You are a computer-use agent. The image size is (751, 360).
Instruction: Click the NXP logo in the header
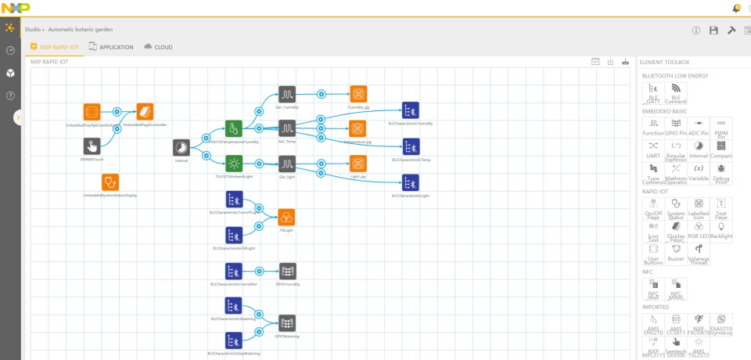pyautogui.click(x=15, y=7)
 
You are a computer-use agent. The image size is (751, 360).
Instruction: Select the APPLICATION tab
pyautogui.click(x=110, y=47)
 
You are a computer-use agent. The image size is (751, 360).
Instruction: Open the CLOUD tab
pyautogui.click(x=158, y=47)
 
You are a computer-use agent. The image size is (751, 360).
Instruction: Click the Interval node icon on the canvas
pyautogui.click(x=181, y=148)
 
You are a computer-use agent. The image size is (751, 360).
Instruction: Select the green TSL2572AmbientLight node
pyautogui.click(x=234, y=164)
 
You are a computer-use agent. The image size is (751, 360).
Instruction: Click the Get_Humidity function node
pyautogui.click(x=287, y=94)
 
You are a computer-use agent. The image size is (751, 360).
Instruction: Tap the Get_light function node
pyautogui.click(x=287, y=164)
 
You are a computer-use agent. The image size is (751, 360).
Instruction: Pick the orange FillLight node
pyautogui.click(x=287, y=216)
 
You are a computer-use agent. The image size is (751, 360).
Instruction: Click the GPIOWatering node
pyautogui.click(x=287, y=322)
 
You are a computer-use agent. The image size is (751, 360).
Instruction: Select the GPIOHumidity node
pyautogui.click(x=287, y=271)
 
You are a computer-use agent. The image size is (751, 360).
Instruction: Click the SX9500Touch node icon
pyautogui.click(x=92, y=146)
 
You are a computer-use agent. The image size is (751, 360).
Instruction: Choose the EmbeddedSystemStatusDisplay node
pyautogui.click(x=110, y=182)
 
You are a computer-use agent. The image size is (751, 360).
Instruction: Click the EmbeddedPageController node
pyautogui.click(x=145, y=111)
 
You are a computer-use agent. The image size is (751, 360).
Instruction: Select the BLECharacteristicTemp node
pyautogui.click(x=410, y=146)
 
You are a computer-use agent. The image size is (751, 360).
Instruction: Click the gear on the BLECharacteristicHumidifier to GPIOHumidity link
pyautogui.click(x=260, y=271)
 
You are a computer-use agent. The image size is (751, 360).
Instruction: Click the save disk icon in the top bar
pyautogui.click(x=713, y=30)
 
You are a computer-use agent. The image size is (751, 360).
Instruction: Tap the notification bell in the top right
pyautogui.click(x=736, y=8)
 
